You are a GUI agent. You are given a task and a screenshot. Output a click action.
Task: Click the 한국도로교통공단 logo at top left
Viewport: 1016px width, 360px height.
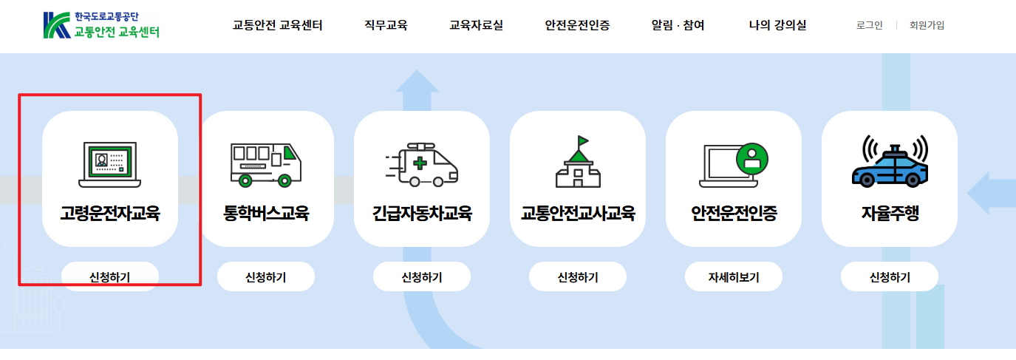pos(101,25)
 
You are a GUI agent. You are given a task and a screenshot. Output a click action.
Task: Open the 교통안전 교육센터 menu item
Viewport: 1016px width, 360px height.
pos(277,25)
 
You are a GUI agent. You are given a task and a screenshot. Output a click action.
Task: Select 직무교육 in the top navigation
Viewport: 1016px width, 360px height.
pos(386,25)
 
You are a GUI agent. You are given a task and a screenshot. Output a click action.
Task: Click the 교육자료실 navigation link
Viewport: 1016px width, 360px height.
pos(476,25)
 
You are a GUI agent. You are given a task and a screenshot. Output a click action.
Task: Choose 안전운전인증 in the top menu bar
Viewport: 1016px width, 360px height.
pos(577,25)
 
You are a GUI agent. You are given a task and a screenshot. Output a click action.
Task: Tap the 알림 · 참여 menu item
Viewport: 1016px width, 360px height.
pos(678,25)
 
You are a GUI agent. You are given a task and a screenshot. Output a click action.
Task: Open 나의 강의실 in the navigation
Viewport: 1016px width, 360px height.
pos(777,25)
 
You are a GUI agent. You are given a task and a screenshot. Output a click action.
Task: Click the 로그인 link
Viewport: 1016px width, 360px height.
pos(869,25)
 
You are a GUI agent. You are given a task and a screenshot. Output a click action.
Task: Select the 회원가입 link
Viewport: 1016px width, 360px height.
pos(927,25)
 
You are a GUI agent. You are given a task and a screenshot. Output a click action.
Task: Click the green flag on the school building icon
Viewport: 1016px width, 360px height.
pos(583,140)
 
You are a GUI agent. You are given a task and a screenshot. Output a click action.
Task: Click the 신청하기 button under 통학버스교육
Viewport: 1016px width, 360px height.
pos(266,278)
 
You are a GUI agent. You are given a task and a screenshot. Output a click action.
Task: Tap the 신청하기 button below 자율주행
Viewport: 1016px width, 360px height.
pos(890,278)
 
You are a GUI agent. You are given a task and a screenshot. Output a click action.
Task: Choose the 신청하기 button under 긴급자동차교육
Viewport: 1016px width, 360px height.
pos(422,278)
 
